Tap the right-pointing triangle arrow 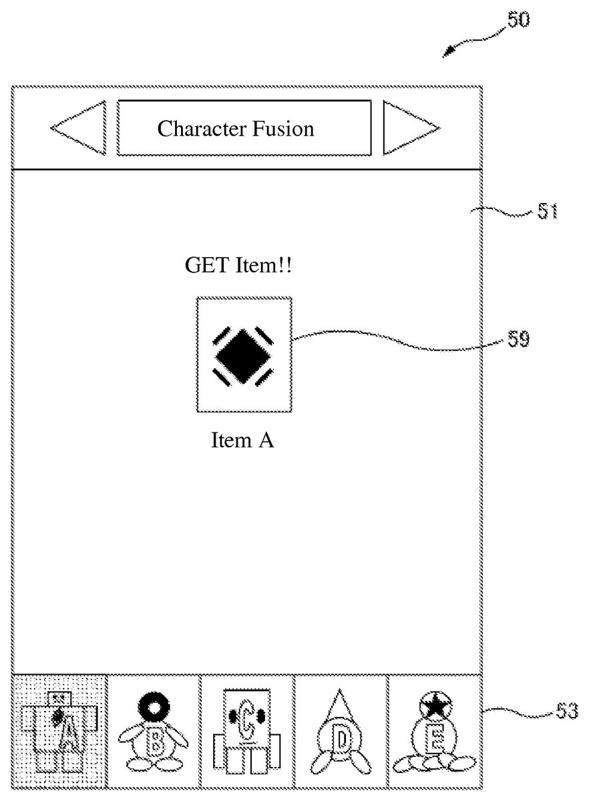[x=407, y=127]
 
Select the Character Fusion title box [x=244, y=127]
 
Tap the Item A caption [x=243, y=441]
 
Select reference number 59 [x=518, y=339]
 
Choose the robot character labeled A [x=60, y=732]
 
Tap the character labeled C [x=246, y=732]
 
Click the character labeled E [x=435, y=734]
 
